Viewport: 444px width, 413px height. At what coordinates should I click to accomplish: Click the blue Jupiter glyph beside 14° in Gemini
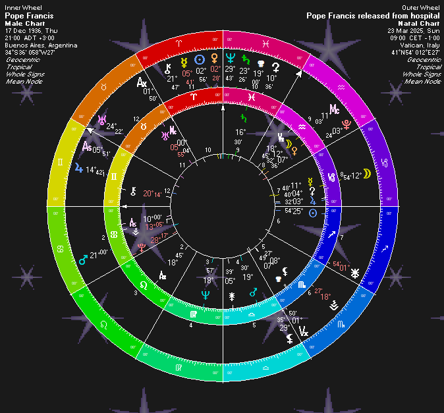(80, 169)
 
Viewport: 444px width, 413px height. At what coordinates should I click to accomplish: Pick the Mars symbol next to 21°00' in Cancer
(84, 260)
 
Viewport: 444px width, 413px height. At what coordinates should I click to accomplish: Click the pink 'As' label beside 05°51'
(86, 147)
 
